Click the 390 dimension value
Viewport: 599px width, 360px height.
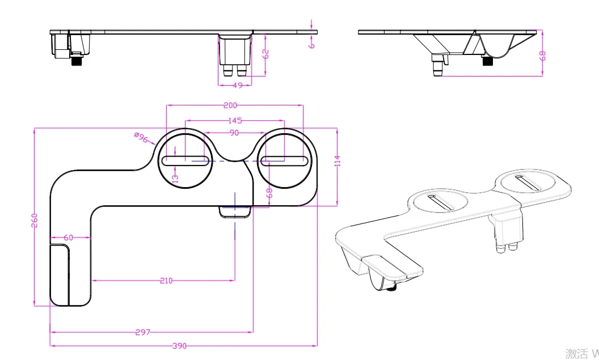coord(180,346)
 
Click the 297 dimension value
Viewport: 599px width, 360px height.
coord(143,332)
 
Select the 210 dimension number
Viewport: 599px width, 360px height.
coord(166,280)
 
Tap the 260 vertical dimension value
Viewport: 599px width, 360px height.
coord(34,219)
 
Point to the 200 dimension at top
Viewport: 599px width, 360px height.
coord(230,105)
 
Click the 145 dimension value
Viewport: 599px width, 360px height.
coord(235,120)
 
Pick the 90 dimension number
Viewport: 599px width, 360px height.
coord(234,133)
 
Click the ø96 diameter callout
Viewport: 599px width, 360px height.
coord(141,138)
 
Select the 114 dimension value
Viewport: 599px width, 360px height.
coord(337,160)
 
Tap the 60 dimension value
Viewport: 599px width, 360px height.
coord(68,238)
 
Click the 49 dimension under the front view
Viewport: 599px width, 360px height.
coord(237,86)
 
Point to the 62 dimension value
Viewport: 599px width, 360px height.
coord(265,54)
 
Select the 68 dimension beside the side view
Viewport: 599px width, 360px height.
coord(542,55)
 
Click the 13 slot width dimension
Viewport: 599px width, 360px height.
coord(175,177)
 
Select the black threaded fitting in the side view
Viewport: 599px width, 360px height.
coord(487,61)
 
